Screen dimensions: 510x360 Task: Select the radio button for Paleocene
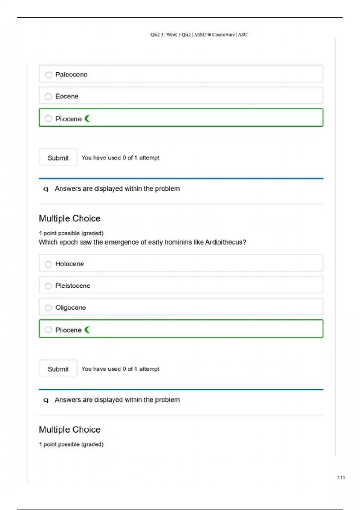tap(49, 75)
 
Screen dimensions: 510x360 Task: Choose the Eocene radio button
tap(48, 97)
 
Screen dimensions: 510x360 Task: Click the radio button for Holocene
tap(48, 264)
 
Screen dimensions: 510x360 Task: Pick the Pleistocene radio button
tap(48, 286)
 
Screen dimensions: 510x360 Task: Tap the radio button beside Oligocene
tap(48, 308)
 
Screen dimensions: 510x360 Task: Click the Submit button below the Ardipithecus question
tap(58, 369)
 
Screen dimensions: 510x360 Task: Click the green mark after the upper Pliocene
tap(87, 119)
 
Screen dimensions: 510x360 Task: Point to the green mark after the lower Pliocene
tap(87, 330)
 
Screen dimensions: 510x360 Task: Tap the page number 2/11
tap(341, 478)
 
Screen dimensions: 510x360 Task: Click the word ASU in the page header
tap(243, 35)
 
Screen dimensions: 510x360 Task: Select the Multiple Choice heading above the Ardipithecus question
tap(70, 219)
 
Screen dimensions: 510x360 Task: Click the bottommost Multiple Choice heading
tap(70, 430)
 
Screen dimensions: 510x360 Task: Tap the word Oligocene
tap(70, 308)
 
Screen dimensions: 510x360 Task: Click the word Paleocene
tap(71, 75)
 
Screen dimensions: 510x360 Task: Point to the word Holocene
tap(70, 264)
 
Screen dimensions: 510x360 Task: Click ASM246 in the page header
tap(202, 35)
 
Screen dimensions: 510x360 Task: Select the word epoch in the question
tap(68, 242)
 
